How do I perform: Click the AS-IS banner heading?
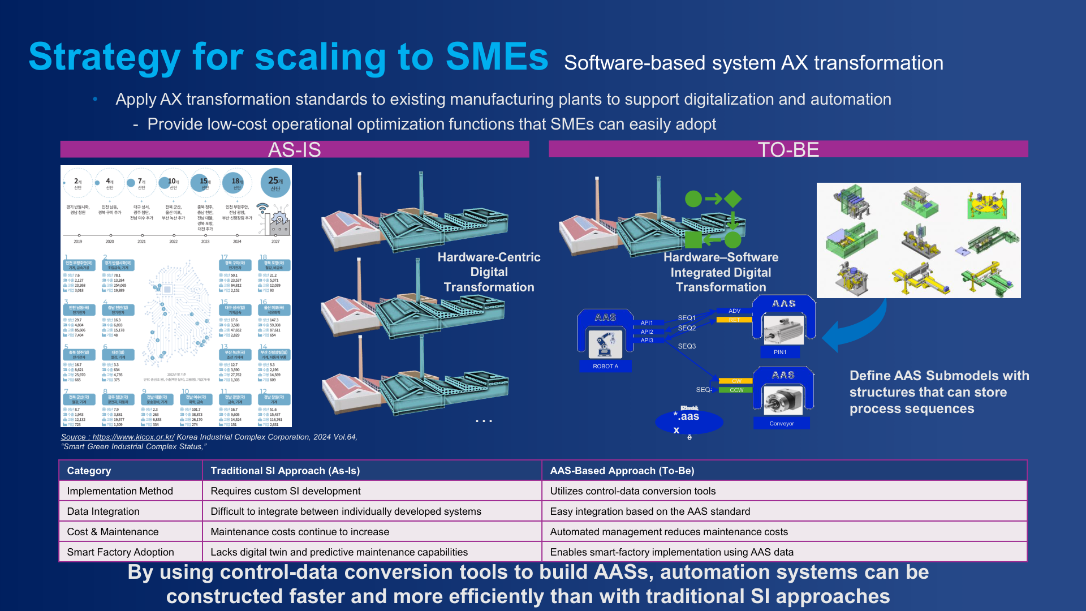(294, 150)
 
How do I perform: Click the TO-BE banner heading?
(788, 150)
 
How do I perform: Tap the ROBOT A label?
(605, 366)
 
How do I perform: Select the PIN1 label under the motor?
(780, 352)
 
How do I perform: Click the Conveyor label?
(782, 423)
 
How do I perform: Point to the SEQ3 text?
(687, 346)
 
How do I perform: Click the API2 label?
(647, 332)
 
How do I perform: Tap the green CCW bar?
(736, 390)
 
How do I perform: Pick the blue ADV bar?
(734, 311)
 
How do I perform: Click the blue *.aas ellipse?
(689, 421)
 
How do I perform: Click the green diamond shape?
(733, 199)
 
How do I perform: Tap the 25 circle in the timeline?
(275, 183)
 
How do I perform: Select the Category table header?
(89, 471)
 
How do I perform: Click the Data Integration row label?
(103, 511)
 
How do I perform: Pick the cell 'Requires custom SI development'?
(285, 491)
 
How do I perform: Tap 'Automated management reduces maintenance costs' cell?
(669, 532)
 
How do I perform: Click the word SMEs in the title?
(497, 57)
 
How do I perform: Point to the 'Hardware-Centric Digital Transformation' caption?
(489, 272)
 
